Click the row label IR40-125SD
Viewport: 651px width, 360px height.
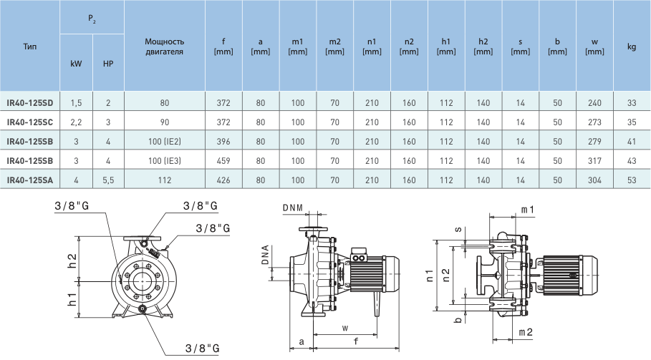click(x=30, y=103)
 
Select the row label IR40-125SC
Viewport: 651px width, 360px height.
click(x=30, y=122)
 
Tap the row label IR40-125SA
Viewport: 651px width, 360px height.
click(x=30, y=180)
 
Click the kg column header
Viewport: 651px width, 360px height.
click(x=632, y=47)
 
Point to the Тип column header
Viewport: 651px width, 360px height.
click(x=30, y=47)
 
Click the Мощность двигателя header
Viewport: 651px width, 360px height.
click(x=165, y=47)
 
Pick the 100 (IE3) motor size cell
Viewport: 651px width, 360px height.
click(x=165, y=161)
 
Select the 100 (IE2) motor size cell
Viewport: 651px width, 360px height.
click(x=165, y=142)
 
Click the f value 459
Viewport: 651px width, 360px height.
click(x=223, y=161)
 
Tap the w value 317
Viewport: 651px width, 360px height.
click(x=594, y=161)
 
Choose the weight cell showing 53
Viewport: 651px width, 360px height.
click(x=632, y=180)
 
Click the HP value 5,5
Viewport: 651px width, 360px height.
click(x=108, y=180)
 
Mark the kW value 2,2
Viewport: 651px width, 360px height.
click(x=77, y=122)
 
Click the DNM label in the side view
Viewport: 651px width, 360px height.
click(x=293, y=208)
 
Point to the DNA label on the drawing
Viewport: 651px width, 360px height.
click(x=265, y=256)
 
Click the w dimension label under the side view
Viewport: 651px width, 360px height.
click(x=345, y=328)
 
